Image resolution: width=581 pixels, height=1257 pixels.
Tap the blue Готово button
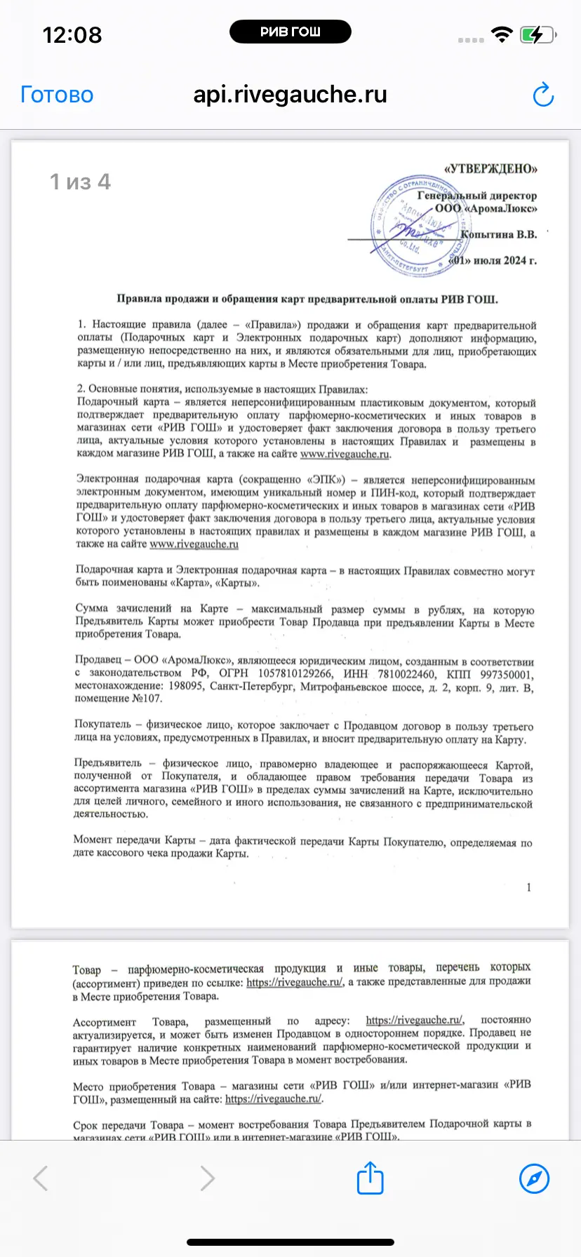(x=57, y=95)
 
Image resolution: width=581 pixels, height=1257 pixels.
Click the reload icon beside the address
(x=543, y=95)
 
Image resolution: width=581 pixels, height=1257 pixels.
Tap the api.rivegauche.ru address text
(x=290, y=94)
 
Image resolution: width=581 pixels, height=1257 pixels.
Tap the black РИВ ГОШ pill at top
(x=290, y=32)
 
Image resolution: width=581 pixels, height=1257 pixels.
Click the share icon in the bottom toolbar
(x=370, y=1178)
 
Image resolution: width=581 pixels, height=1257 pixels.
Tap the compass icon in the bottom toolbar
(x=534, y=1178)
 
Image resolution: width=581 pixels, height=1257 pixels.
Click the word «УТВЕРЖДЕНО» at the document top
(x=490, y=168)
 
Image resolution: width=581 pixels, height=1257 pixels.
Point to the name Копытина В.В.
(x=499, y=234)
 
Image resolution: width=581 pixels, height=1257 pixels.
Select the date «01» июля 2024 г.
(x=493, y=260)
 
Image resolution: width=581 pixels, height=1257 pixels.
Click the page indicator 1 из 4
(x=80, y=182)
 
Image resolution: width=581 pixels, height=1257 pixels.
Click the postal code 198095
(x=182, y=687)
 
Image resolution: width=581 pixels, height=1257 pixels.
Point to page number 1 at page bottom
(x=528, y=887)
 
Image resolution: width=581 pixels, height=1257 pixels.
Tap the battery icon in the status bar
(x=537, y=34)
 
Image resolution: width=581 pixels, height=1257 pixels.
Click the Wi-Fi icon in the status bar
(x=502, y=34)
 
